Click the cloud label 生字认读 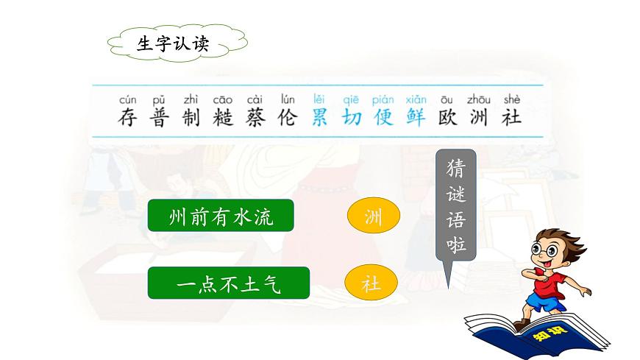coord(174,43)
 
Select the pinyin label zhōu coord(479,99)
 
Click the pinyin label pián coord(383,99)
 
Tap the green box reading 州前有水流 coord(221,215)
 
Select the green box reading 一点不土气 coord(221,283)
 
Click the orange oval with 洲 coord(374,216)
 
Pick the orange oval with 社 coord(371,283)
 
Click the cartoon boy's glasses coord(543,248)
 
